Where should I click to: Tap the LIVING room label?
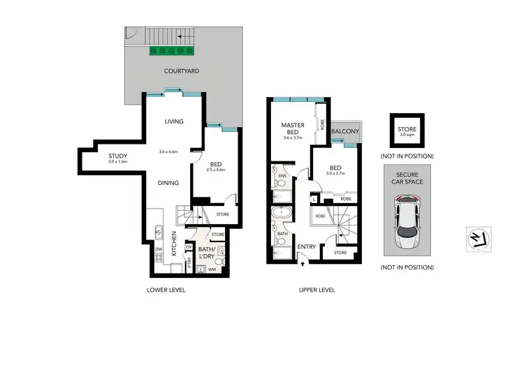coord(174,121)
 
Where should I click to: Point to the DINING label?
coord(168,183)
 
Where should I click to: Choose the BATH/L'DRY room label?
coord(207,252)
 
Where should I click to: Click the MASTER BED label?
coord(291,128)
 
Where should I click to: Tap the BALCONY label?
coord(345,131)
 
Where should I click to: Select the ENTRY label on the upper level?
coord(307,246)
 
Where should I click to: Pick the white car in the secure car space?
coord(406,223)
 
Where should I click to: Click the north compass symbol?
coord(476,239)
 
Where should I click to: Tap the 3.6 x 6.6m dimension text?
coord(170,151)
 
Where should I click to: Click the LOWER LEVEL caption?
coord(166,290)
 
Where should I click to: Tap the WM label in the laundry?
coord(212,269)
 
